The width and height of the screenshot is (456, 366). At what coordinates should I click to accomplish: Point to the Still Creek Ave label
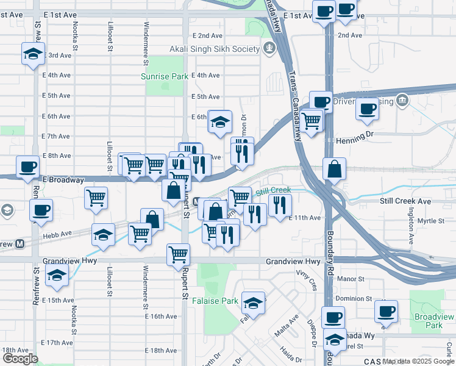click(405, 201)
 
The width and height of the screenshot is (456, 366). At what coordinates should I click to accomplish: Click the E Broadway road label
click(63, 180)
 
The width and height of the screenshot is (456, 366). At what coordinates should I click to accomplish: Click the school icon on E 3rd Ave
click(33, 54)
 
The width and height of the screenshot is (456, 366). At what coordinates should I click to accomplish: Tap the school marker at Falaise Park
click(254, 303)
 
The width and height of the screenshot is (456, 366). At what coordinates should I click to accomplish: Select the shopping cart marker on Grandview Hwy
click(178, 254)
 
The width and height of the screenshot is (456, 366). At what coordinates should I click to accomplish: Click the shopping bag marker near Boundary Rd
click(335, 170)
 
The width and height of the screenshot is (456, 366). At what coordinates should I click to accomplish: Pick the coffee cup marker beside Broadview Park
click(386, 311)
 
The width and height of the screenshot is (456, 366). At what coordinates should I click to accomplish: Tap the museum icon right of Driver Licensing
click(402, 100)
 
